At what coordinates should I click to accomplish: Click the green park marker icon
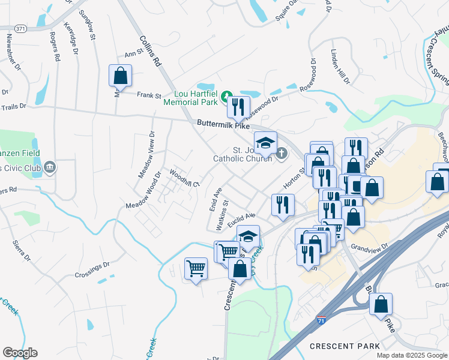pos(226,95)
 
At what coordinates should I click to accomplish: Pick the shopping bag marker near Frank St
pos(120,76)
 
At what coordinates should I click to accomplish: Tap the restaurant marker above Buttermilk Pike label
pos(239,107)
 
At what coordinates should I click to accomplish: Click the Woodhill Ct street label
pos(184,178)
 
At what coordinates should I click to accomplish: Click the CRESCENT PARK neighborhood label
pos(345,346)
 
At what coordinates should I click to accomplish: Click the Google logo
pos(20,353)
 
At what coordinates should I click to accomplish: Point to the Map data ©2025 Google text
pos(411,355)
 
